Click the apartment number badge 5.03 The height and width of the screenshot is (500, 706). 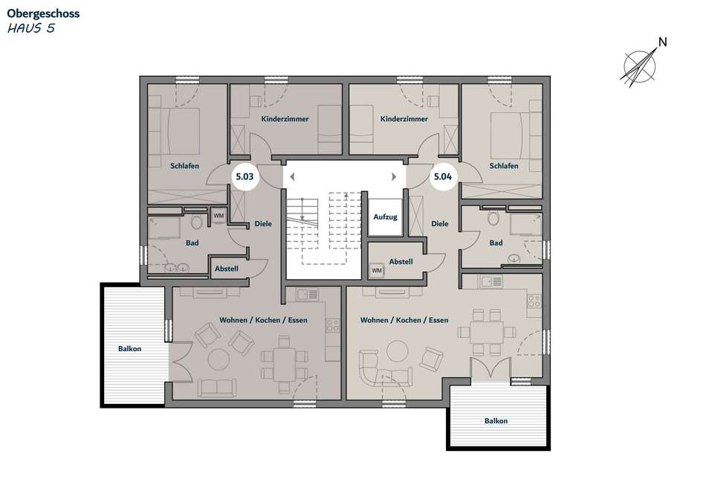pyautogui.click(x=244, y=176)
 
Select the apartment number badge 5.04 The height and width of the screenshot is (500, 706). pyautogui.click(x=443, y=176)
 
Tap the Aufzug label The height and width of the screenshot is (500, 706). pyautogui.click(x=385, y=217)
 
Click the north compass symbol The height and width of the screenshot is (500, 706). pyautogui.click(x=639, y=68)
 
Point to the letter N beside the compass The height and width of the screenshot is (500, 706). pyautogui.click(x=662, y=42)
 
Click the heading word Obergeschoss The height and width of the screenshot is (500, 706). pyautogui.click(x=43, y=13)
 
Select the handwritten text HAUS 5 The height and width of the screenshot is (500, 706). pyautogui.click(x=31, y=28)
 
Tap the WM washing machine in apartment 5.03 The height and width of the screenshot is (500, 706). pyautogui.click(x=218, y=216)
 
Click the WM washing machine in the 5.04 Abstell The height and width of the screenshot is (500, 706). pyautogui.click(x=377, y=271)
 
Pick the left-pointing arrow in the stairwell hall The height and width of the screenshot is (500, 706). pyautogui.click(x=292, y=177)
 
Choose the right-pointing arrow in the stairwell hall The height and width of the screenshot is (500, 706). pyautogui.click(x=394, y=177)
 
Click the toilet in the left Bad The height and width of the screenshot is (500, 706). pyautogui.click(x=196, y=221)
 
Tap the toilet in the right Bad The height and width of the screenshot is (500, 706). pyautogui.click(x=493, y=218)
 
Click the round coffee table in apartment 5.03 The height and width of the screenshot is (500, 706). pyautogui.click(x=218, y=359)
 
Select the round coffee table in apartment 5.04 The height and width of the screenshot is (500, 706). pyautogui.click(x=398, y=351)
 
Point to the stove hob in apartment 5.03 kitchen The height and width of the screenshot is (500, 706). pyautogui.click(x=333, y=325)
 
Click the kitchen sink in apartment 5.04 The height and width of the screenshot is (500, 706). pyautogui.click(x=490, y=282)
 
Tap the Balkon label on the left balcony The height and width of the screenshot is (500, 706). pyautogui.click(x=129, y=348)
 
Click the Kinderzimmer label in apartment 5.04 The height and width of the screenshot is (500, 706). pyautogui.click(x=404, y=119)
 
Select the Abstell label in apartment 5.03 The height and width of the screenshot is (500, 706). pyautogui.click(x=227, y=269)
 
